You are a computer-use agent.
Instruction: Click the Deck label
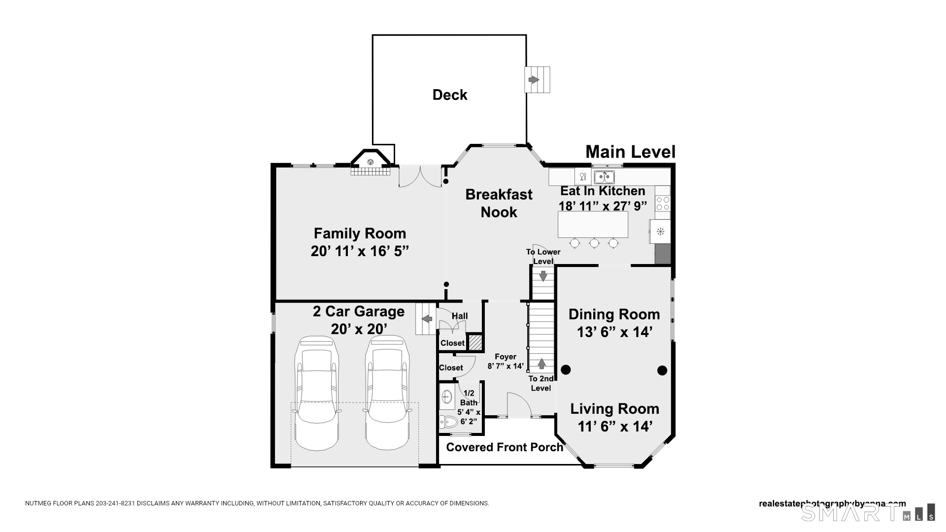click(449, 95)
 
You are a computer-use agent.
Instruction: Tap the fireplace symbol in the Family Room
click(371, 162)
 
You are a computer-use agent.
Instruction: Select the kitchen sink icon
click(604, 176)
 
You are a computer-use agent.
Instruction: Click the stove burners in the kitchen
click(663, 203)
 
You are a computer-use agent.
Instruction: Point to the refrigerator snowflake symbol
click(660, 231)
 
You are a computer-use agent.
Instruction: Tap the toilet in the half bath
click(448, 422)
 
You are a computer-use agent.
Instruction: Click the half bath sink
click(447, 397)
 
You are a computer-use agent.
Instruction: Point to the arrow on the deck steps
click(534, 80)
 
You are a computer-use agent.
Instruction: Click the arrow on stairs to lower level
click(543, 276)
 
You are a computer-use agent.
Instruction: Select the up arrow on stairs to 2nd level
click(541, 364)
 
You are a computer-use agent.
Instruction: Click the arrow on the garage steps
click(427, 319)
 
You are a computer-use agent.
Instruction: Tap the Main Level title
click(630, 152)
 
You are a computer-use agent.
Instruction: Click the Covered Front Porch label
click(505, 447)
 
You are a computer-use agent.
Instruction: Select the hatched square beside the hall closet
click(475, 342)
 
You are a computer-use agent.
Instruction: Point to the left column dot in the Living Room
click(566, 369)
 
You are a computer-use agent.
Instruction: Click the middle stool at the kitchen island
click(594, 243)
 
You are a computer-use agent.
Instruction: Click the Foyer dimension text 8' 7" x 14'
click(506, 366)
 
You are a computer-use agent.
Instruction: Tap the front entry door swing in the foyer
click(518, 405)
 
